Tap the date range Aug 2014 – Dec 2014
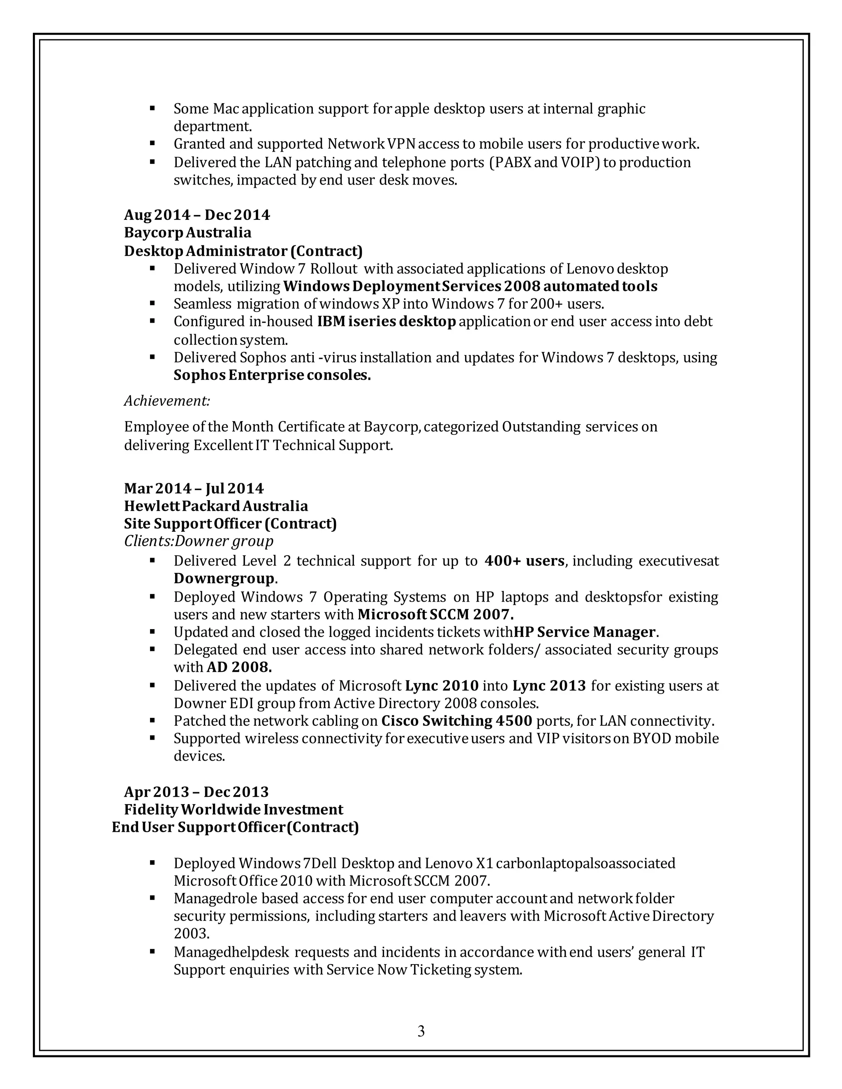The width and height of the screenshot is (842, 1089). click(x=197, y=215)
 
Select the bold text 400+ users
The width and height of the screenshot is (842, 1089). click(x=524, y=561)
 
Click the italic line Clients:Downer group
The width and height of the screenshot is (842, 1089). click(x=199, y=541)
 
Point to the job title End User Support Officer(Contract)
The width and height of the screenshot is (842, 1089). click(x=235, y=827)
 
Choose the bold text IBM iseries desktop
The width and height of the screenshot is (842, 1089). click(x=386, y=322)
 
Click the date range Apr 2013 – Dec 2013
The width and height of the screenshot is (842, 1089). click(x=196, y=792)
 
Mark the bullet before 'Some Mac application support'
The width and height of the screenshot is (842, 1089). click(x=153, y=108)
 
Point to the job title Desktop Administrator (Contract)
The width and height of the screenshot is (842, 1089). click(x=243, y=250)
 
